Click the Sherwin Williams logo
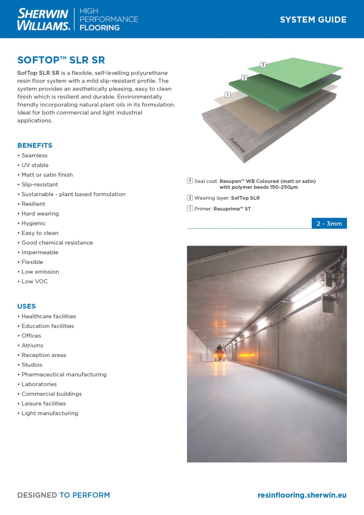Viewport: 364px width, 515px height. point(43,19)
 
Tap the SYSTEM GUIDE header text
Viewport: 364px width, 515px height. point(313,20)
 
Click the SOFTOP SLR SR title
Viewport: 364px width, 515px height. point(61,60)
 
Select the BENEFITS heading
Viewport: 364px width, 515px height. point(35,145)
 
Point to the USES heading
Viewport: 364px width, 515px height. point(27,306)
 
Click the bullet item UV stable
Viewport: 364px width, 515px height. point(35,165)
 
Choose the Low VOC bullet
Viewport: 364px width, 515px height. point(35,281)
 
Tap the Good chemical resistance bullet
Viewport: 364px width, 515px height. point(57,243)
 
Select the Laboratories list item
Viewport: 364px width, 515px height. point(39,384)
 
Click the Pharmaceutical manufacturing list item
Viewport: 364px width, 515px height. point(64,375)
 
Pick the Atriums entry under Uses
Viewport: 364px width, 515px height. point(32,345)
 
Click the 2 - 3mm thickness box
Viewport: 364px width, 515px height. point(329,224)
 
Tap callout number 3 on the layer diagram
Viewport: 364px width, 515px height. point(263,65)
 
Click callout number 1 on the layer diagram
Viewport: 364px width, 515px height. point(228,95)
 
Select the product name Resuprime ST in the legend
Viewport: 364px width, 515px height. point(232,209)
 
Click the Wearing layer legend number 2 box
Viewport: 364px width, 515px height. point(190,198)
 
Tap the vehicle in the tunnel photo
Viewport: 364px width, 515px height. point(220,353)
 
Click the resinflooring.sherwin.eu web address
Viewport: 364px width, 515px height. point(302,495)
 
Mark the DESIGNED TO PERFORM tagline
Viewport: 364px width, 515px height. point(64,495)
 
